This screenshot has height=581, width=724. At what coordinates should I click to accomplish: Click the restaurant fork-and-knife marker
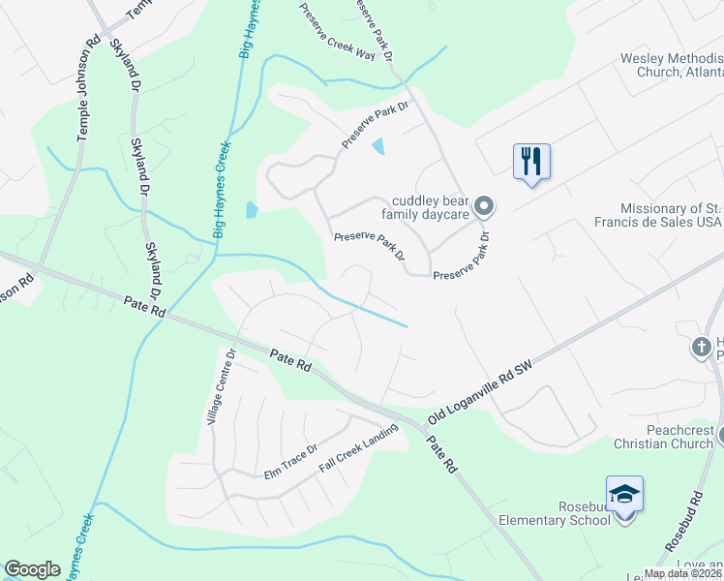(531, 161)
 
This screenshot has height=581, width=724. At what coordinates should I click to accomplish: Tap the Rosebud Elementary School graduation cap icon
(624, 494)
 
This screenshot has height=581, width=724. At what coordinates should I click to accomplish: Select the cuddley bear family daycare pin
(485, 205)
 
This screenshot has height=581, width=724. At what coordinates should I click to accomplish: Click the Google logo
(32, 569)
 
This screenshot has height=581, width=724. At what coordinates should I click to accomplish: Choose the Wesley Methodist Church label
(672, 65)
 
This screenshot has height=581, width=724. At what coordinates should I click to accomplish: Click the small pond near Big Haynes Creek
(252, 208)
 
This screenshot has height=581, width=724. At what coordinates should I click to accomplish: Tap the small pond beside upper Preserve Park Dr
(378, 146)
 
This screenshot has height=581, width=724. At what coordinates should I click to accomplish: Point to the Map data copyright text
(682, 573)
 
